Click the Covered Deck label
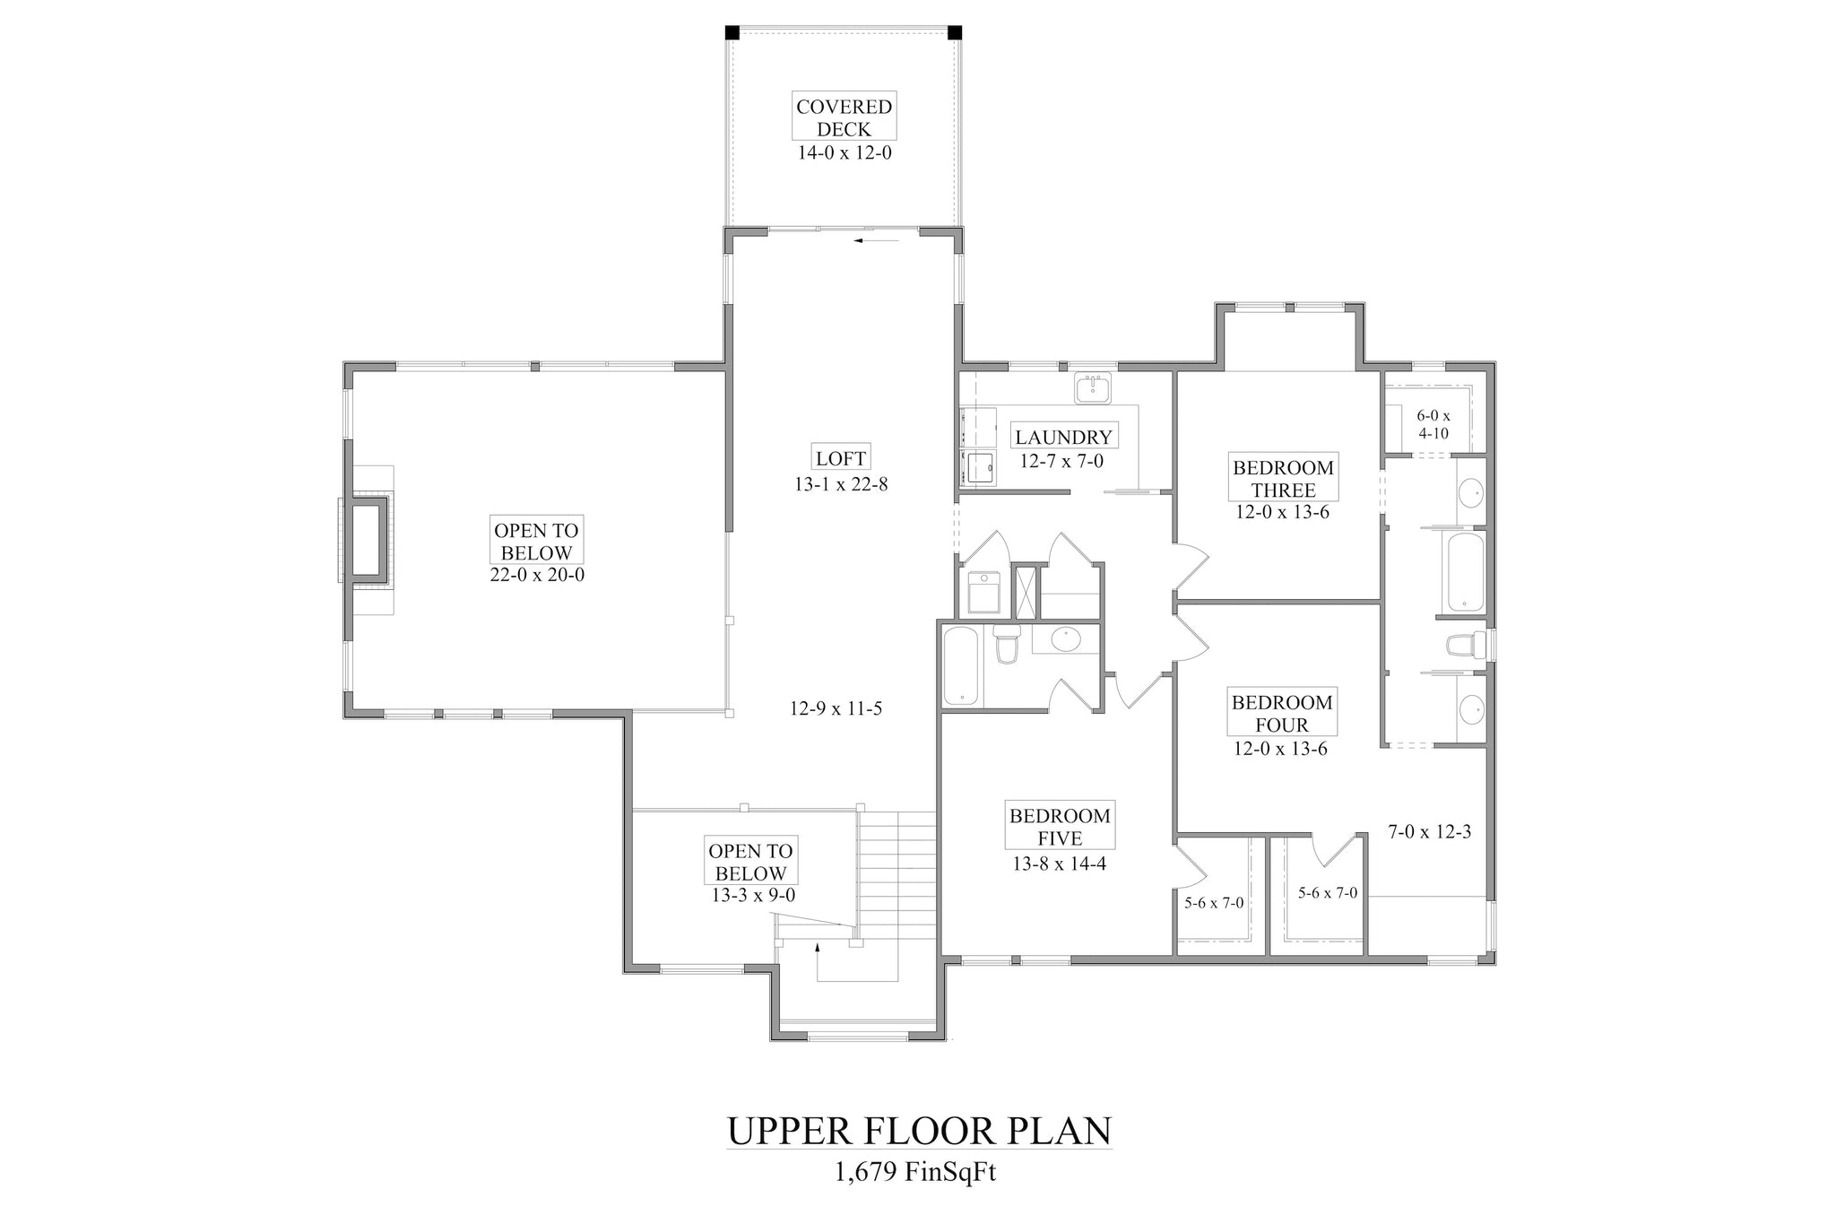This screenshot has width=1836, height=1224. [844, 117]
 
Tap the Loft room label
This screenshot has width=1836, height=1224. [841, 458]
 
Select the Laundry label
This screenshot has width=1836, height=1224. [1063, 437]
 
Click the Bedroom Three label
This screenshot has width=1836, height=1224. [1283, 479]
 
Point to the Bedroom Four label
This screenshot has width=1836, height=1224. [1282, 714]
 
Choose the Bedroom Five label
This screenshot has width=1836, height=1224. [1060, 827]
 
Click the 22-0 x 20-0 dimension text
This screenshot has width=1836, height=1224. [537, 575]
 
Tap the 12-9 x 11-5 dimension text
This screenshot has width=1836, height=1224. [836, 709]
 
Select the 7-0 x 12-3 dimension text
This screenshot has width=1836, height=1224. [1430, 832]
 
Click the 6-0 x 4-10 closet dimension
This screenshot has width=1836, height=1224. [1433, 425]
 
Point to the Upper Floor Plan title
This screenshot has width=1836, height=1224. [919, 1131]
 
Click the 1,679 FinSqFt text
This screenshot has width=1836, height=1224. [916, 1172]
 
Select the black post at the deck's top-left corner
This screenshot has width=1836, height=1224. [732, 32]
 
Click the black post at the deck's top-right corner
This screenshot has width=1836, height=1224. [955, 32]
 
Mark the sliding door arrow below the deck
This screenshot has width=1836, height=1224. [876, 240]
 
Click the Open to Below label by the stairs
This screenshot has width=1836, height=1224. [750, 862]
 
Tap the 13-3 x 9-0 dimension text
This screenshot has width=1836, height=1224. [750, 895]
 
